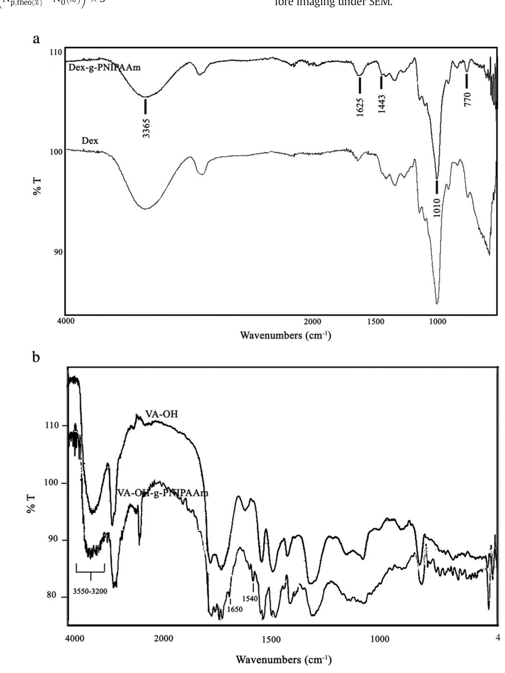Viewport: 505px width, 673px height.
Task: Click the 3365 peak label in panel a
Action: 146,128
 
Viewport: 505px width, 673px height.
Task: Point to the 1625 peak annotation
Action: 360,107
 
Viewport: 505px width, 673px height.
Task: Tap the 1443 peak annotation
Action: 382,104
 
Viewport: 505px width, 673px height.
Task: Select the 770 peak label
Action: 467,99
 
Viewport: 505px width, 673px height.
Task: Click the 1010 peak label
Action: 437,207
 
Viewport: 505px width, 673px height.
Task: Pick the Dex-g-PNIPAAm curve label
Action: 104,67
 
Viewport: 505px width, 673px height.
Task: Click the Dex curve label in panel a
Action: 90,141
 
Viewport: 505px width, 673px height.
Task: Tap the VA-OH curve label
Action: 161,414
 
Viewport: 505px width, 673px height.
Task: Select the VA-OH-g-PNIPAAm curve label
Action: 163,493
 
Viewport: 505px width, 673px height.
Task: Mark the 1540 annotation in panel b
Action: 250,598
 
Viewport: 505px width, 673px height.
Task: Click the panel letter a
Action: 36,39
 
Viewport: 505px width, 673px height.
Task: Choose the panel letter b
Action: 36,357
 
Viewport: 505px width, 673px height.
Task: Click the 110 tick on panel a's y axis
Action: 56,52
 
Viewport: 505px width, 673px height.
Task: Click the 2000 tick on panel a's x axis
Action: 312,321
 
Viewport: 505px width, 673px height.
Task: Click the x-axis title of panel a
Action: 285,336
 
